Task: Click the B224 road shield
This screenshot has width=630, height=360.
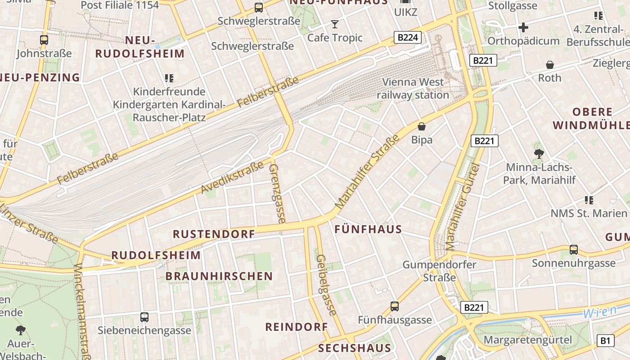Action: pyautogui.click(x=408, y=37)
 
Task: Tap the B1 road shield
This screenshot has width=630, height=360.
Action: pyautogui.click(x=605, y=341)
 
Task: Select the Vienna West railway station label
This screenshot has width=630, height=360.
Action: pyautogui.click(x=413, y=89)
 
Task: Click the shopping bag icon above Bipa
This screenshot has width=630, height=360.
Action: pyautogui.click(x=422, y=126)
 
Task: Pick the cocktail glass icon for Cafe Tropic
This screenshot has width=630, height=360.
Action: pyautogui.click(x=335, y=24)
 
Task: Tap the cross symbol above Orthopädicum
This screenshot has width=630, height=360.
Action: pyautogui.click(x=523, y=27)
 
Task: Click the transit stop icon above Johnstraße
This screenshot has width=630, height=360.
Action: pyautogui.click(x=44, y=40)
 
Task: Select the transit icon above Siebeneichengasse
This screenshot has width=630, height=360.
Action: pyautogui.click(x=144, y=317)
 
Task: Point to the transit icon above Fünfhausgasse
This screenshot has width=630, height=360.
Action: pyautogui.click(x=395, y=306)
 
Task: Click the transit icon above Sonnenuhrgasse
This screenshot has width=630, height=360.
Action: pyautogui.click(x=573, y=249)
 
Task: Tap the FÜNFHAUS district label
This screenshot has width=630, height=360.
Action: pyautogui.click(x=368, y=229)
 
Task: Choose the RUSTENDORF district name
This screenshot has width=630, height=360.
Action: pyautogui.click(x=214, y=234)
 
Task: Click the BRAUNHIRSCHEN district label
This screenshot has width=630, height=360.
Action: pyautogui.click(x=219, y=276)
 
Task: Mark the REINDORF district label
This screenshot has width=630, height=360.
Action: pyautogui.click(x=297, y=327)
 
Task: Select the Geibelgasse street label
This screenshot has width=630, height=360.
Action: pyautogui.click(x=326, y=285)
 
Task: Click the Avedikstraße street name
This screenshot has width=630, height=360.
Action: pyautogui.click(x=232, y=178)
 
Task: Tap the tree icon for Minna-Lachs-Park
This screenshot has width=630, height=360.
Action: pyautogui.click(x=539, y=154)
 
